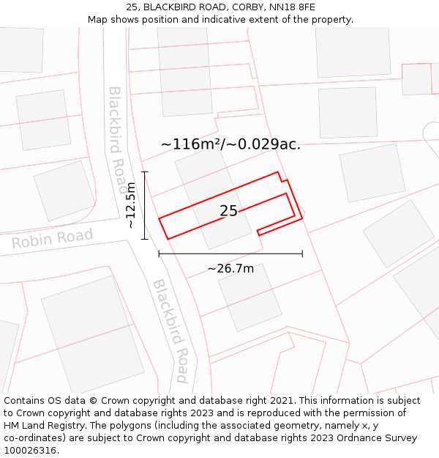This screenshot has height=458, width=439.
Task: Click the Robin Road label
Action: [x=52, y=239]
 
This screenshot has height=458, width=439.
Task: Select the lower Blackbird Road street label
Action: [x=171, y=330]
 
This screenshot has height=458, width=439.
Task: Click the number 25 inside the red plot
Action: [x=228, y=211]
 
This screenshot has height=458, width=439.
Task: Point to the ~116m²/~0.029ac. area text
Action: [x=230, y=144]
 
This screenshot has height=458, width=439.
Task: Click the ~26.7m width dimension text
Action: [x=230, y=269]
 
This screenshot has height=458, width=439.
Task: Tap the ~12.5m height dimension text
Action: [x=131, y=205]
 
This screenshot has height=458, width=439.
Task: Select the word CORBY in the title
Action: [x=247, y=7]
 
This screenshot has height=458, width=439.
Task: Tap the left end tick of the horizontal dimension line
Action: [x=159, y=254]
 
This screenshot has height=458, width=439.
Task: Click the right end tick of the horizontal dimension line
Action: [x=302, y=254]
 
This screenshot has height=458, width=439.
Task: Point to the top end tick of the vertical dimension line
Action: [x=145, y=172]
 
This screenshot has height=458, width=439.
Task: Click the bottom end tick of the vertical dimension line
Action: [x=145, y=239]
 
